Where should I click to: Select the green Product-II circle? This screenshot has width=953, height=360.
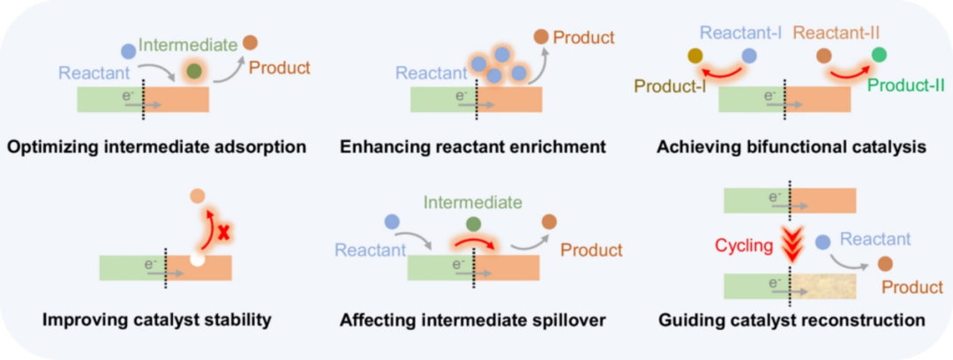pos(878,56)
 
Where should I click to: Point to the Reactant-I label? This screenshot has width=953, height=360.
pos(741,34)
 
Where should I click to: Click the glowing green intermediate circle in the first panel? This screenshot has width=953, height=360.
pos(193,69)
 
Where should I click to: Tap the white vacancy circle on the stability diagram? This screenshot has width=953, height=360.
pos(198,259)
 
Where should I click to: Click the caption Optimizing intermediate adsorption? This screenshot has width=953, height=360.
pos(156,146)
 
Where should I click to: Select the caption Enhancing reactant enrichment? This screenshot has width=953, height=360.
pos(473,146)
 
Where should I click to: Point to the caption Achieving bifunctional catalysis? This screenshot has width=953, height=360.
pos(792,146)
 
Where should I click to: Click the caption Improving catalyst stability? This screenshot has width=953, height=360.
pos(156,319)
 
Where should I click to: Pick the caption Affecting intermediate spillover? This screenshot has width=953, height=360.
pos(473,319)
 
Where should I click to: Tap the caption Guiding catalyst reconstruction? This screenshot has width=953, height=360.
pos(792,319)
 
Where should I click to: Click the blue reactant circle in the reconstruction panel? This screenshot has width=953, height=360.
pos(822,241)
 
